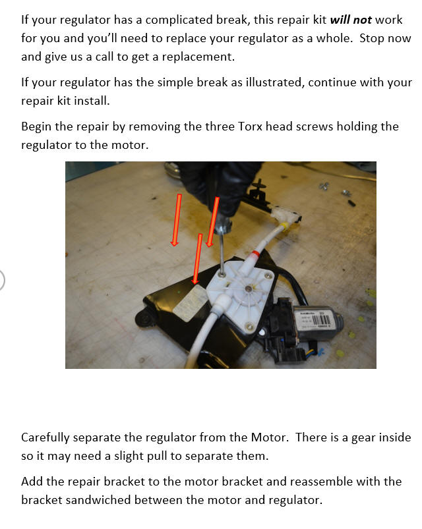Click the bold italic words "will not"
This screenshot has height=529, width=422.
coord(351,20)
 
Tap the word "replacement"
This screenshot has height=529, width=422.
coord(198,57)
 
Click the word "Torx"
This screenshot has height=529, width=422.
coord(250,126)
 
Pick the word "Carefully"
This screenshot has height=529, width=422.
coord(45,437)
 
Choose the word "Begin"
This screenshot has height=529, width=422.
coord(36,127)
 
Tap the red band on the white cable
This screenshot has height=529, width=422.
coord(255,254)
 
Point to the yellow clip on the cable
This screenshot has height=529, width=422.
coord(285,225)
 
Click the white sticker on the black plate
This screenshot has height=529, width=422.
coord(191,303)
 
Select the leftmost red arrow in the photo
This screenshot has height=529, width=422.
coord(176,220)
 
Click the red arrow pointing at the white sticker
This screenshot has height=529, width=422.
coord(197,259)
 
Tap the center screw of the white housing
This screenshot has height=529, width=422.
coord(249,289)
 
